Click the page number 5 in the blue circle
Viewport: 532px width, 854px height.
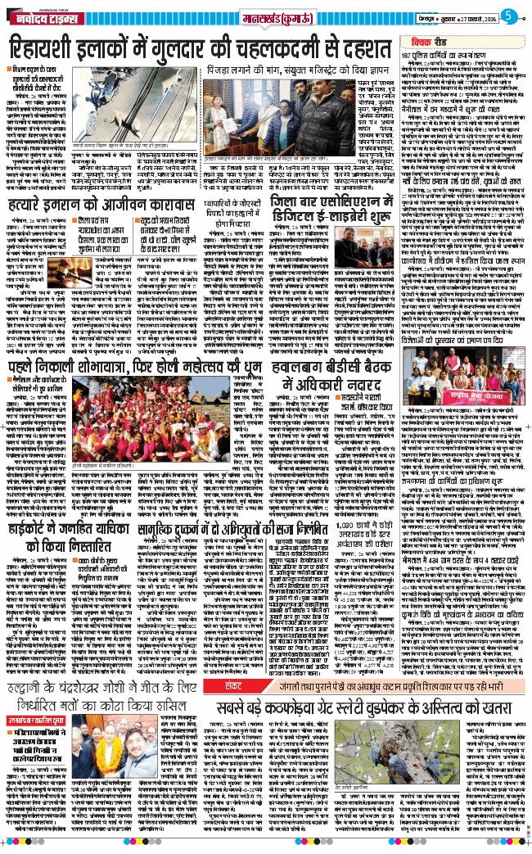click(x=508, y=15)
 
